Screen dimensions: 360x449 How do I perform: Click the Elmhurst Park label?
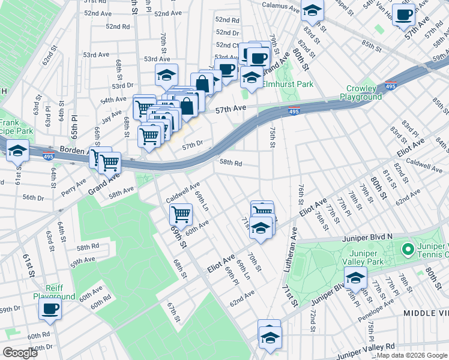point(288,85)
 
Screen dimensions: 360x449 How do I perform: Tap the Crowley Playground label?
point(361,92)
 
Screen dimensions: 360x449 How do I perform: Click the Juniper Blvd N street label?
point(367,237)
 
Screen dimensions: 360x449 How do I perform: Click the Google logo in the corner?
point(20,353)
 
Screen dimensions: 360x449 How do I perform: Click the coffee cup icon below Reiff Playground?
point(50,309)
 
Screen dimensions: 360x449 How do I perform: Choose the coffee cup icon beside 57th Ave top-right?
point(403,14)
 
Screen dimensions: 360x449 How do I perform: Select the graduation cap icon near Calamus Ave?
point(312,10)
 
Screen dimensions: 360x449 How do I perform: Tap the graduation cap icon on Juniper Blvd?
point(355,278)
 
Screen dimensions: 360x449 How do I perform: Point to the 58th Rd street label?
point(231,163)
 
